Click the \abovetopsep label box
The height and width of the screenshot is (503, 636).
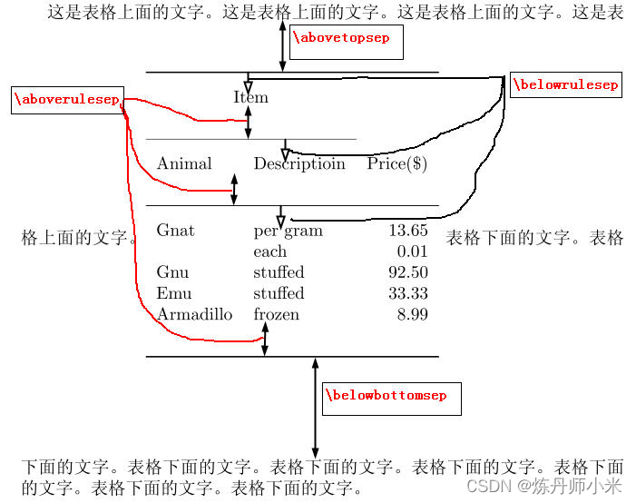[346, 40]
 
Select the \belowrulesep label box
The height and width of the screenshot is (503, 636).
[565, 85]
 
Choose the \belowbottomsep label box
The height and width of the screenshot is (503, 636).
[390, 397]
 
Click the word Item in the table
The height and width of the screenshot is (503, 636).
[250, 98]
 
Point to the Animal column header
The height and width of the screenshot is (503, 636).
[184, 164]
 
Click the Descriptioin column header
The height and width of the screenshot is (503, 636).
[299, 164]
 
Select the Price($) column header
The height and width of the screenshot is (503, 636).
[397, 164]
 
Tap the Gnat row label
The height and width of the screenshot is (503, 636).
[175, 231]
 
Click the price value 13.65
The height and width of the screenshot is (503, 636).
[407, 231]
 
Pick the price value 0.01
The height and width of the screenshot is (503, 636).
[412, 251]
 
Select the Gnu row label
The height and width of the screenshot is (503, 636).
[172, 272]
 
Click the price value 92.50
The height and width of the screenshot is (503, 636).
[407, 272]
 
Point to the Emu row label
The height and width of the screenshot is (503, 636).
[173, 293]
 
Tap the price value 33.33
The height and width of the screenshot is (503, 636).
[407, 293]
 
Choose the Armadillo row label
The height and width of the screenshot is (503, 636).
[194, 314]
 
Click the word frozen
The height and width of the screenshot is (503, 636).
[276, 314]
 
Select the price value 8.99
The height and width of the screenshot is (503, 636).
[412, 314]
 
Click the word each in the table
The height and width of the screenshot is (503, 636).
[269, 251]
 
